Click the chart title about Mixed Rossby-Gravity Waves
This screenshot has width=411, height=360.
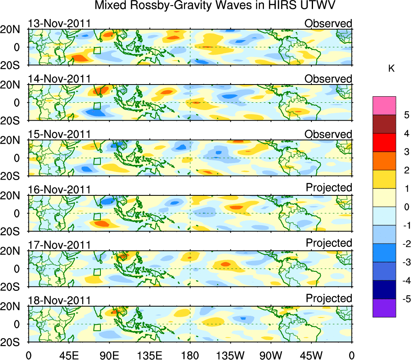[215, 6]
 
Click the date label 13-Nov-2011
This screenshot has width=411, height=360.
[59, 23]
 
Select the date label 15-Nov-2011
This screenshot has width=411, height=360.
[59, 134]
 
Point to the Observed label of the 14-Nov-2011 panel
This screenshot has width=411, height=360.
[328, 79]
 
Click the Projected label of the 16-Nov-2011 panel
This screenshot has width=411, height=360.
[329, 188]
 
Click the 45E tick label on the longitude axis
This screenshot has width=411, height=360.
[68, 355]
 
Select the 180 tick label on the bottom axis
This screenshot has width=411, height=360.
[190, 355]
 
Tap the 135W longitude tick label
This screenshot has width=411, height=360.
[230, 355]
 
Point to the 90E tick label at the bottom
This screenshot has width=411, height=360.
[109, 355]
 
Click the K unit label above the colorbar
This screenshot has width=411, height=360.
[391, 69]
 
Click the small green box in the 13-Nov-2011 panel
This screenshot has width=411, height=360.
[97, 51]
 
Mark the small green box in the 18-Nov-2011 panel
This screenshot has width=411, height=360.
[97, 328]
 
